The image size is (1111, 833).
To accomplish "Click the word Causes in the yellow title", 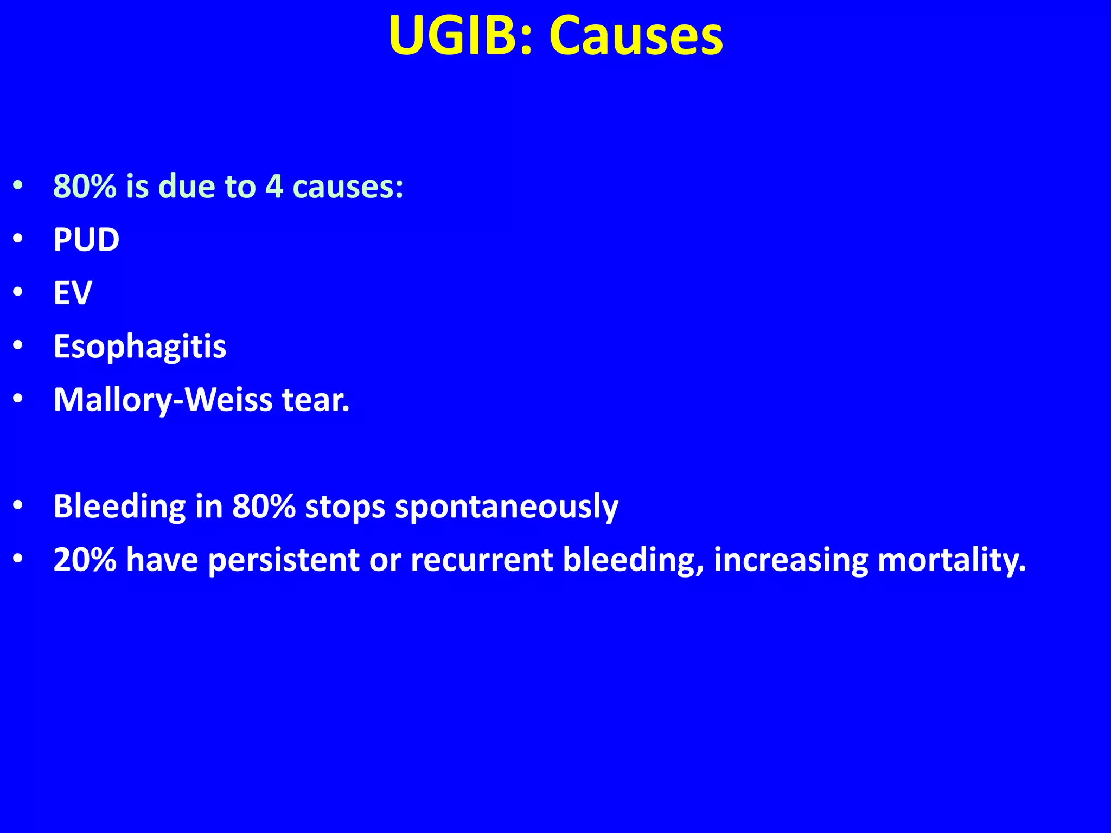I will click(636, 36).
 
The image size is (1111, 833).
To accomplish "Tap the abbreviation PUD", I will click(86, 239).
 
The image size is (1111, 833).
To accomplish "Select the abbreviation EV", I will click(73, 293).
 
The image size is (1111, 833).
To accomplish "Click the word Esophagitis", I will click(139, 347).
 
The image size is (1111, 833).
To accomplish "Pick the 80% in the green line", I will click(85, 186).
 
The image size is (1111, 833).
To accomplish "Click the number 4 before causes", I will click(274, 186).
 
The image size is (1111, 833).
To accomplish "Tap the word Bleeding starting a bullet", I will click(119, 507).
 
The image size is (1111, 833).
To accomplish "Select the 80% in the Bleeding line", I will click(264, 507).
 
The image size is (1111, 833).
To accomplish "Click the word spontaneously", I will click(507, 507).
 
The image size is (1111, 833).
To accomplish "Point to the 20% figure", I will click(85, 560).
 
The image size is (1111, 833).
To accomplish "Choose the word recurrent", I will click(482, 560).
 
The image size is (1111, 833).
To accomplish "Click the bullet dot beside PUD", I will click(18, 239).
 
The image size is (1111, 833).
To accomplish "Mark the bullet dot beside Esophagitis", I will click(18, 346).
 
